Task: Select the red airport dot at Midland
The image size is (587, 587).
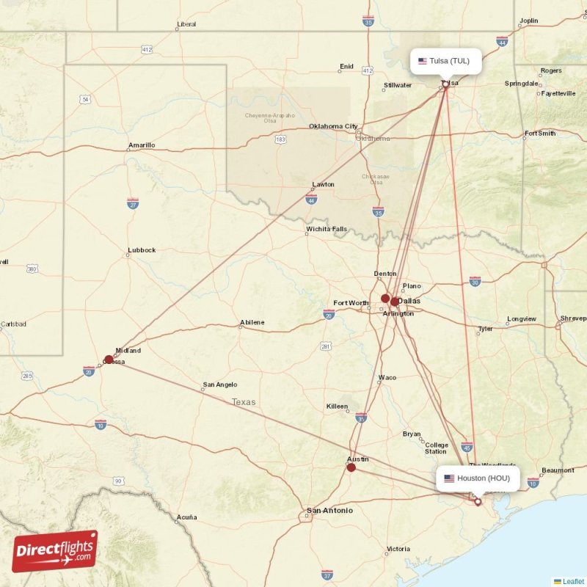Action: pyautogui.click(x=109, y=360)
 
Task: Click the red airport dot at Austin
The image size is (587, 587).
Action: pyautogui.click(x=351, y=467)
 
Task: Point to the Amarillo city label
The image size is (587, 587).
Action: pyautogui.click(x=142, y=145)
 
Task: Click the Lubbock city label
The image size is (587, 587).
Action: pyautogui.click(x=142, y=250)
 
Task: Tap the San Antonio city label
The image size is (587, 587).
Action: pyautogui.click(x=329, y=511)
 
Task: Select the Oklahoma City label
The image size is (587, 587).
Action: pyautogui.click(x=333, y=126)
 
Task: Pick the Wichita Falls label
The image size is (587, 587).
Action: pyautogui.click(x=327, y=230)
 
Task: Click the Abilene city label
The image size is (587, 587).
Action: pyautogui.click(x=252, y=323)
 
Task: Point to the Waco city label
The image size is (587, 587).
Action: pyautogui.click(x=387, y=378)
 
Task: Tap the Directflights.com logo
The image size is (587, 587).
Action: pyautogui.click(x=54, y=551)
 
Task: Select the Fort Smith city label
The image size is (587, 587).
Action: pyautogui.click(x=540, y=134)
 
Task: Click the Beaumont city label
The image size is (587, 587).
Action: pyautogui.click(x=558, y=470)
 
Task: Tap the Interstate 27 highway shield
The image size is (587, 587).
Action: pyautogui.click(x=133, y=202)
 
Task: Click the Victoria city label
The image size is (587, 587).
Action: pyautogui.click(x=398, y=549)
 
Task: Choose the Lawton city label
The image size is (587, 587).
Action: pyautogui.click(x=323, y=184)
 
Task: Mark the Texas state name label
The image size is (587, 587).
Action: pyautogui.click(x=244, y=402)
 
